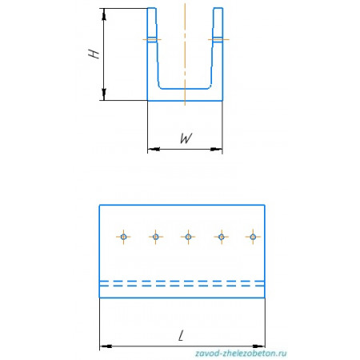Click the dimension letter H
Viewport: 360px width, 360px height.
point(94,54)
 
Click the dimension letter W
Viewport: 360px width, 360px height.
point(186,138)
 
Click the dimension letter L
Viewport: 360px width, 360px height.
point(181,335)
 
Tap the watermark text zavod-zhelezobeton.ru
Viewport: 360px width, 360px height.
point(241,354)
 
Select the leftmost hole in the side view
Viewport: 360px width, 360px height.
point(123,237)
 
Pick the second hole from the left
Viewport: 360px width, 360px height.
point(156,237)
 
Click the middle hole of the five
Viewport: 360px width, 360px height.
point(188,237)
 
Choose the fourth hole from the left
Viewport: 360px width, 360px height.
point(221,237)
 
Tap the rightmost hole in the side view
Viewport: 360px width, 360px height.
point(253,237)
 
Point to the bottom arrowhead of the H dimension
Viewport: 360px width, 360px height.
point(104,94)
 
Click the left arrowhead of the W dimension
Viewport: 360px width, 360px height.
point(154,149)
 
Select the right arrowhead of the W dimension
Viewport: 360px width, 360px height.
point(216,149)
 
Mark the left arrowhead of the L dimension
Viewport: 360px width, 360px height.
point(106,346)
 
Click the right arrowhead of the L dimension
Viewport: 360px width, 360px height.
point(259,346)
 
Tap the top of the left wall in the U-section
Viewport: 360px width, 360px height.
point(152,8)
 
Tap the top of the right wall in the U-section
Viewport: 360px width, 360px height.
point(218,8)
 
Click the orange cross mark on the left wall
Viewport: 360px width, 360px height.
point(152,40)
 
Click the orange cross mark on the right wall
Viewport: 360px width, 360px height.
point(218,40)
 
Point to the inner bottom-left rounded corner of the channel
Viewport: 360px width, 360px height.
point(160,86)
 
